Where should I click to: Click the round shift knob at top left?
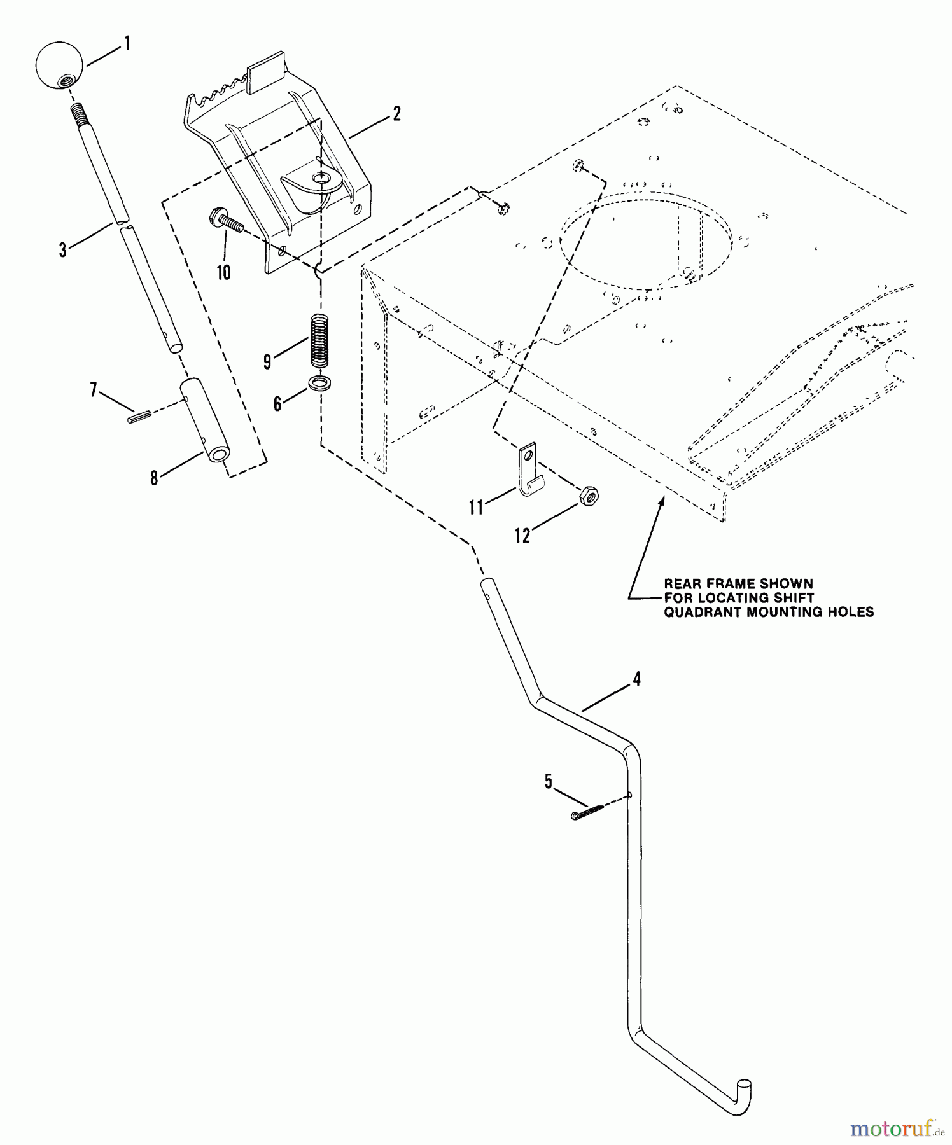pos(59,65)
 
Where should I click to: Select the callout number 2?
pos(396,114)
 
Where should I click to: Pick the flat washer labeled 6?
pos(319,384)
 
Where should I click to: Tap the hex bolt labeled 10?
pos(226,223)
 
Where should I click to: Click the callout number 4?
pos(636,679)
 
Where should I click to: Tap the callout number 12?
pos(522,536)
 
